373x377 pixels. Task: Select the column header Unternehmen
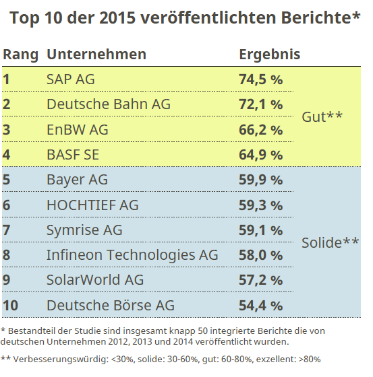pyautogui.click(x=96, y=54)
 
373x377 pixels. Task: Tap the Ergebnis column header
pyautogui.click(x=269, y=54)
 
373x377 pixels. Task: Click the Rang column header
pyautogui.click(x=20, y=54)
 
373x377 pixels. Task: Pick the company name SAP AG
pyautogui.click(x=71, y=79)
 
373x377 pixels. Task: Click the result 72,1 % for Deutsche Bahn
pyautogui.click(x=260, y=104)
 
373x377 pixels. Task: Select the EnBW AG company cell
pyautogui.click(x=77, y=129)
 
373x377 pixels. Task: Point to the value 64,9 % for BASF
pyautogui.click(x=260, y=155)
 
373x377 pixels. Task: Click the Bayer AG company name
pyautogui.click(x=77, y=180)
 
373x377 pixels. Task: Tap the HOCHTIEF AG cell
pyautogui.click(x=92, y=205)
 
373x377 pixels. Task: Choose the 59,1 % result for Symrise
pyautogui.click(x=260, y=230)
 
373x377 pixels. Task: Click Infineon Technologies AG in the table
pyautogui.click(x=132, y=255)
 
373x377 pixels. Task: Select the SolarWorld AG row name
pyautogui.click(x=95, y=280)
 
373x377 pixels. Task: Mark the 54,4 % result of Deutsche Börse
pyautogui.click(x=260, y=306)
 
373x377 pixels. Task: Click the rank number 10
pyautogui.click(x=10, y=306)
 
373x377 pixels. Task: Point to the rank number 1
pyautogui.click(x=7, y=79)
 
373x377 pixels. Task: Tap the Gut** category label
pyautogui.click(x=322, y=116)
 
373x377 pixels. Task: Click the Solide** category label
pyautogui.click(x=329, y=242)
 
